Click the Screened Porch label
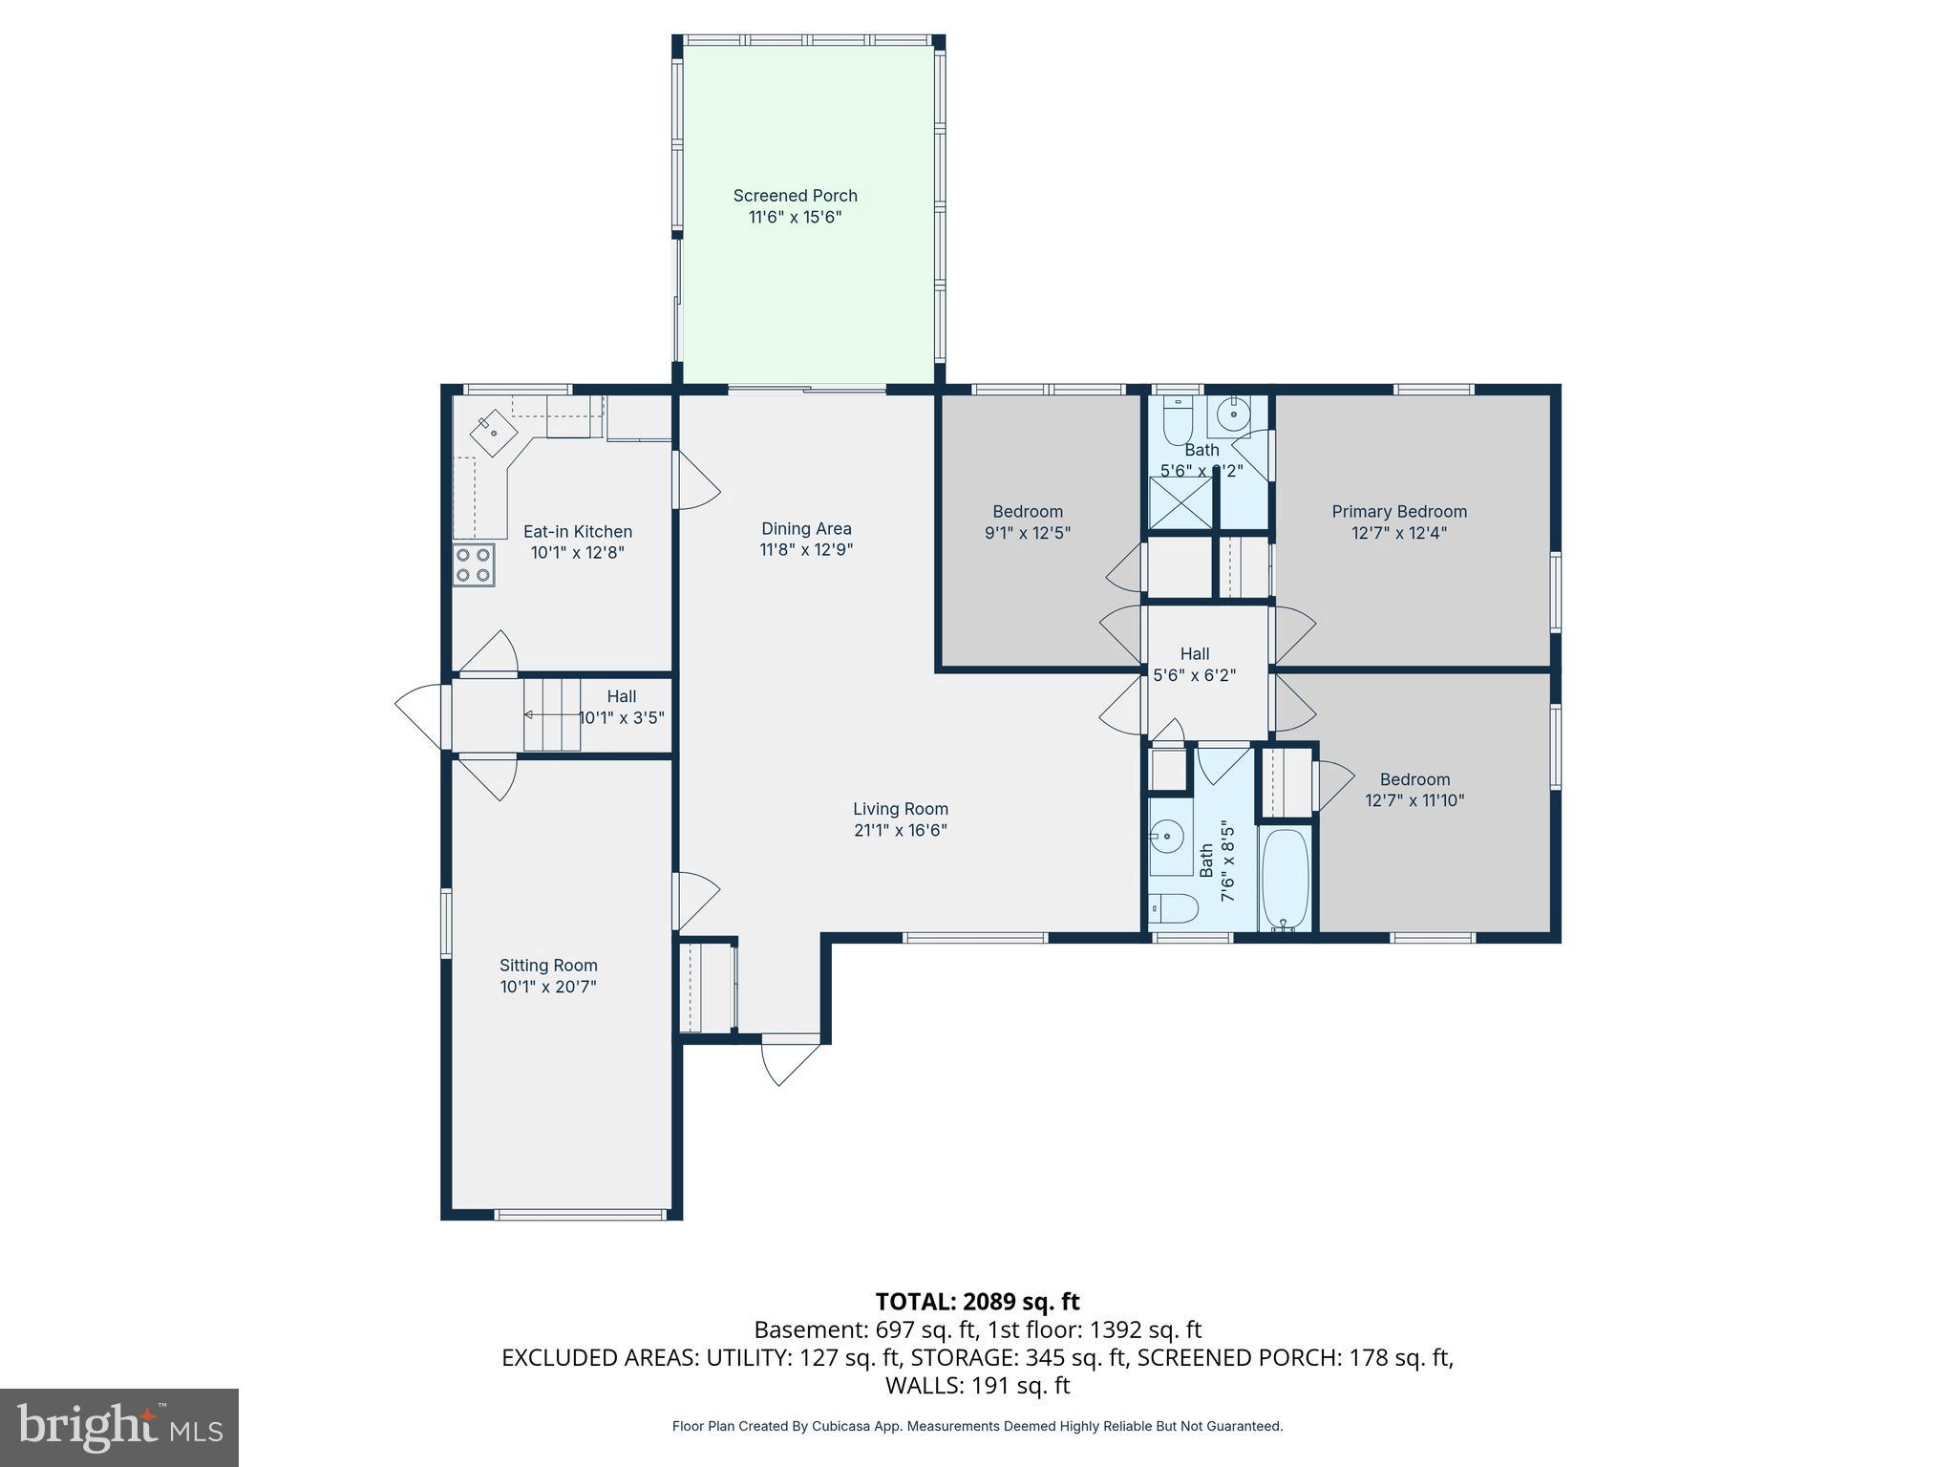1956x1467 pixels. pos(795,196)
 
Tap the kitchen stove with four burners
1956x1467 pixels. pos(474,564)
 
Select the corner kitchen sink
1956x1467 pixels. pos(494,432)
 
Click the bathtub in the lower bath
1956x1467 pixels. pos(1285,879)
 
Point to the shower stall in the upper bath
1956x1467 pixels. pos(1180,502)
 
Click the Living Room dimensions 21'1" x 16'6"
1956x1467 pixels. pos(900,831)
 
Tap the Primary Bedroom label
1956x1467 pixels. pos(1398,512)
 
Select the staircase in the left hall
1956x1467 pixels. pos(551,714)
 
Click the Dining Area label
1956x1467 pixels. pos(806,529)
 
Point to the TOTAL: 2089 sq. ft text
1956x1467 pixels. pos(977,1302)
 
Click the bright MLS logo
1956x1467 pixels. pos(119,1427)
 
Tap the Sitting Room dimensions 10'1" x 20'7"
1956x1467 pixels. pos(548,987)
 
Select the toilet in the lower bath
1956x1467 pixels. pos(1173,908)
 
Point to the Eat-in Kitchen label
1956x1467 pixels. pos(577,532)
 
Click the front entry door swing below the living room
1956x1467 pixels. pos(790,1062)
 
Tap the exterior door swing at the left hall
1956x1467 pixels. pos(420,714)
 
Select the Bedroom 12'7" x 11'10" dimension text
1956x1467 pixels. pos(1414,800)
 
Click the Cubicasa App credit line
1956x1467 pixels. pos(977,1426)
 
